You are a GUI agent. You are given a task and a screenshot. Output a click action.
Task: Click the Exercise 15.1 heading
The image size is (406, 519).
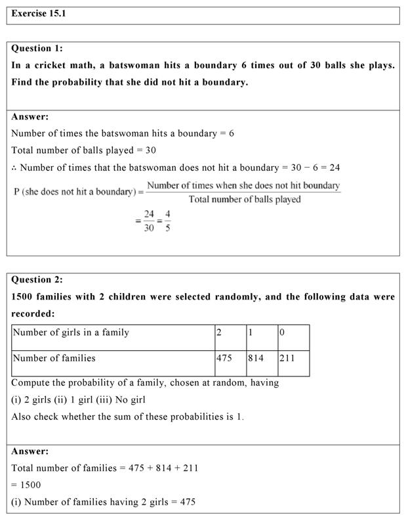point(39,14)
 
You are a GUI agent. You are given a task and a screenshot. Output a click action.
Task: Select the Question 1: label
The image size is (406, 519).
point(37,48)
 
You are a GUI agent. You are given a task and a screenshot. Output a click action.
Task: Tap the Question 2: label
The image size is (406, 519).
point(37,279)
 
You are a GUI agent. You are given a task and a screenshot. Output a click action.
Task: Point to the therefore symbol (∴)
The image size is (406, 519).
point(14,168)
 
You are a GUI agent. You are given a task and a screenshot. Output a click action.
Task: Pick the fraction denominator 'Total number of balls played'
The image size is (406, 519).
point(244,199)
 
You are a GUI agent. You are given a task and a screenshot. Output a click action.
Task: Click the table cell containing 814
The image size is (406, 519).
point(256,359)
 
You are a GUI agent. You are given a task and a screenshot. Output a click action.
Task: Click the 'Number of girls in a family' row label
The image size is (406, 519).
point(71,332)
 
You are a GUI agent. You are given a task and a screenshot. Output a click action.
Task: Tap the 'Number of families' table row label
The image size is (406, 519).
point(54,359)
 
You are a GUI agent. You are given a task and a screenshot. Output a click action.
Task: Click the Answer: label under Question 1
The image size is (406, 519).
point(30,117)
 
